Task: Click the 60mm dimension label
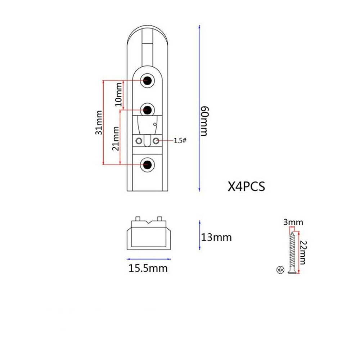tap(204, 121)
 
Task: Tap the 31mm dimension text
tap(99, 123)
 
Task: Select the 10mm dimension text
tap(118, 94)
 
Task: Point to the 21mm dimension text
tap(116, 139)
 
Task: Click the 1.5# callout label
tap(180, 140)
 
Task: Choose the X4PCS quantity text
tap(246, 186)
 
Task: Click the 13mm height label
tap(216, 237)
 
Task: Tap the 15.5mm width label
tap(148, 268)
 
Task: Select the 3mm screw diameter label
tap(293, 222)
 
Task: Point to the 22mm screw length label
tap(303, 252)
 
